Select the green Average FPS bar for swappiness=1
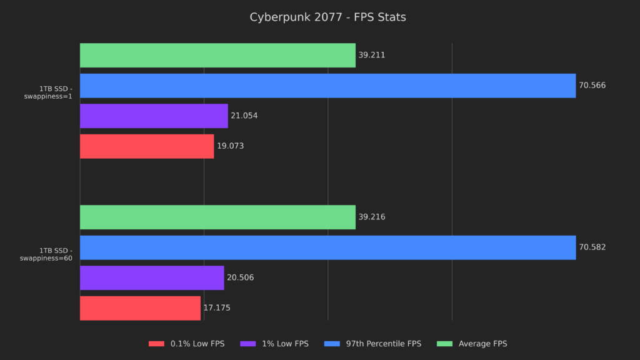(217, 55)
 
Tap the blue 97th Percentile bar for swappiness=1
(327, 86)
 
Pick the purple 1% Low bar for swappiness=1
(154, 116)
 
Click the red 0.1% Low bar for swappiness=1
(147, 146)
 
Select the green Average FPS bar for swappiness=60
(217, 217)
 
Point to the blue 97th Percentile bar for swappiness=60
(327, 247)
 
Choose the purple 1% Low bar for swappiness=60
(152, 277)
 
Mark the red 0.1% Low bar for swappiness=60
(140, 308)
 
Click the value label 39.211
(371, 55)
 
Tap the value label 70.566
(592, 86)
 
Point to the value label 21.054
(244, 116)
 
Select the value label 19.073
(230, 146)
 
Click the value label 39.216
(371, 217)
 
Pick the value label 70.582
(592, 247)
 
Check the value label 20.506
(240, 277)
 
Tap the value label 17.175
(217, 308)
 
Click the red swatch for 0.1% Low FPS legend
(156, 344)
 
